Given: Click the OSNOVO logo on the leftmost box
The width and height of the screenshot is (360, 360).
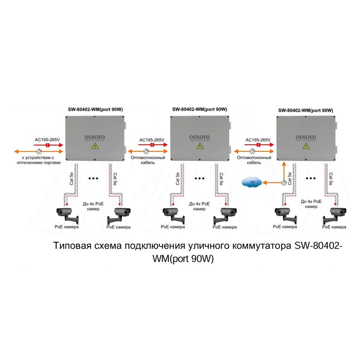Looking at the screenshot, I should [x=94, y=137].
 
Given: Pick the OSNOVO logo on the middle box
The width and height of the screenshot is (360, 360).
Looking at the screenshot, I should [x=199, y=138].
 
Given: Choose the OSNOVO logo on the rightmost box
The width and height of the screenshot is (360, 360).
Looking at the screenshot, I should [x=306, y=137].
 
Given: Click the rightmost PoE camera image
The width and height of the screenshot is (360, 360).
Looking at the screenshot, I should [x=334, y=215].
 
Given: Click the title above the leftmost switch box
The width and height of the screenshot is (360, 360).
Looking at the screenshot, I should [x=94, y=109].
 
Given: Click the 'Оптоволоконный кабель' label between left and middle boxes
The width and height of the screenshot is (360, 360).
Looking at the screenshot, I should [x=152, y=160].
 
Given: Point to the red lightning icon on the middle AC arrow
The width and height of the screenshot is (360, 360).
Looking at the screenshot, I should [x=152, y=145].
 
